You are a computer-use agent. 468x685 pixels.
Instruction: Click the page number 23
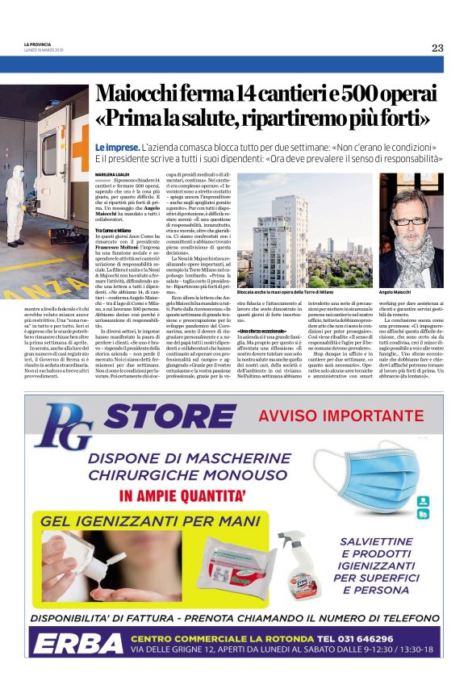tap(437, 48)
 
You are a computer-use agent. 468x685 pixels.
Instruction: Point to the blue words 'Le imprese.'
tap(116, 149)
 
